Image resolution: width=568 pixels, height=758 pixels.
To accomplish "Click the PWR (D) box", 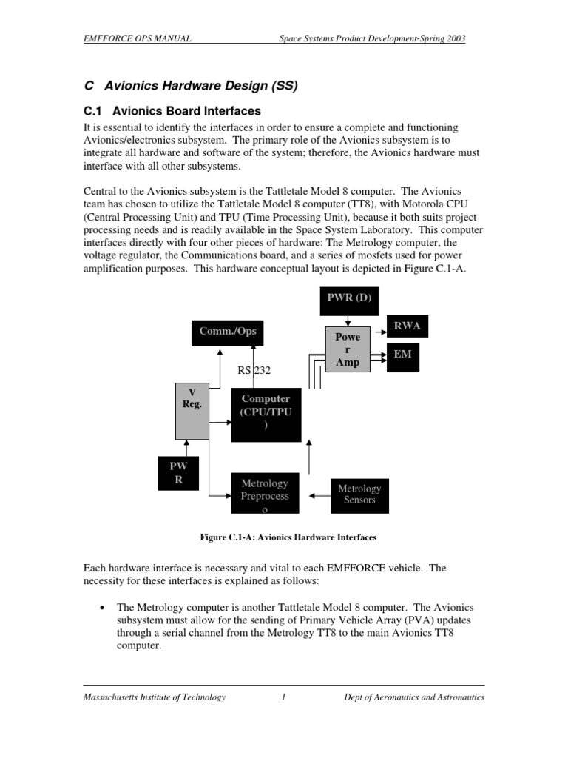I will (348, 298).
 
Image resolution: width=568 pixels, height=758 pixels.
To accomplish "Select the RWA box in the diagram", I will (408, 326).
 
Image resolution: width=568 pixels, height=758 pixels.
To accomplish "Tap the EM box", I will (403, 355).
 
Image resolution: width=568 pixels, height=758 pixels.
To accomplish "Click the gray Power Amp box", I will (348, 349).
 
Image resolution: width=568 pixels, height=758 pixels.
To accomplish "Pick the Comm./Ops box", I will (228, 332).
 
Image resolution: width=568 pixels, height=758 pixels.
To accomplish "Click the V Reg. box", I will (192, 411).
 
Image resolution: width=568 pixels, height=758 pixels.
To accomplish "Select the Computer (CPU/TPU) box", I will (266, 415).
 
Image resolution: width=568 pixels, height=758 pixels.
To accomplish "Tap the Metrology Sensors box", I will (359, 494).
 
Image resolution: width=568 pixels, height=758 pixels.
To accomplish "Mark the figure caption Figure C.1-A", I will (284, 537).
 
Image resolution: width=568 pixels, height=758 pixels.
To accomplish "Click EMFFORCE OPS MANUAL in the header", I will (138, 38).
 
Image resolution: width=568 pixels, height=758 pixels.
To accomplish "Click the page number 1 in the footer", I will (283, 697).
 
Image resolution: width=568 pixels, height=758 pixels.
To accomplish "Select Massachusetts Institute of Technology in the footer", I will (155, 697).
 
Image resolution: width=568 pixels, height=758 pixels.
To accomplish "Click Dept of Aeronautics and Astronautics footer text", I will (414, 697).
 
